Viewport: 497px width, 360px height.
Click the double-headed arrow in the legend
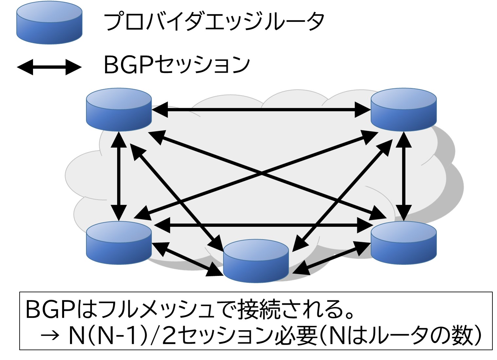(x=49, y=67)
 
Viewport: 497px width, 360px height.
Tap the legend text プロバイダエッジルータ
(x=214, y=22)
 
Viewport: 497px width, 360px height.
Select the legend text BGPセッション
(x=177, y=64)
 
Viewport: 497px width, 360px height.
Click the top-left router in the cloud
(x=119, y=110)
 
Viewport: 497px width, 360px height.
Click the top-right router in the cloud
(x=403, y=110)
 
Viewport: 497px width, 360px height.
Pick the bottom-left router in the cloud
(x=119, y=242)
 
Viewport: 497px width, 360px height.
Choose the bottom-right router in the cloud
(x=403, y=242)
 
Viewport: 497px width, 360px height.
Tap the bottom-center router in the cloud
(x=256, y=261)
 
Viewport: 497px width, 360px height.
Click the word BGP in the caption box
(x=51, y=309)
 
